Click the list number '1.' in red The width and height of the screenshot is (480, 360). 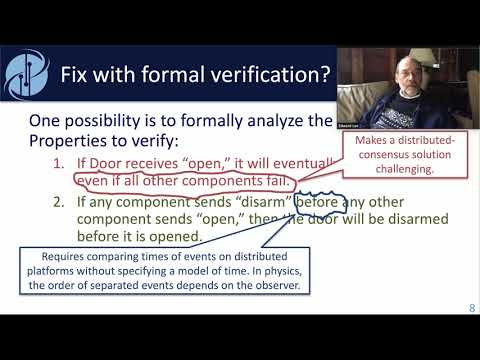(x=59, y=163)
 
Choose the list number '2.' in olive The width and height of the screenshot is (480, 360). (x=59, y=205)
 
